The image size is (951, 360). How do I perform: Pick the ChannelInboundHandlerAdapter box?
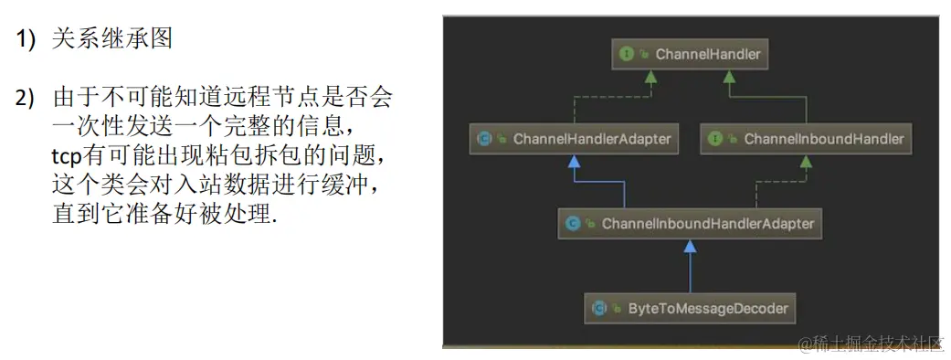pos(690,223)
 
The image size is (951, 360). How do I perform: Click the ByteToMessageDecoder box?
pos(690,308)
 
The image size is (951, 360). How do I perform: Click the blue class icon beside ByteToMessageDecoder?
pos(599,308)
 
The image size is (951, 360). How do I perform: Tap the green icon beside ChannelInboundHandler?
pos(716,139)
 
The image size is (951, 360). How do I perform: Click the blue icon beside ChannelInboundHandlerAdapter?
pos(573,223)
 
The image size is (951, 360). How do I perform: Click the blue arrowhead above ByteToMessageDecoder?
pos(690,246)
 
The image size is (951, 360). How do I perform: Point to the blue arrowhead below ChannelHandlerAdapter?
pos(574,162)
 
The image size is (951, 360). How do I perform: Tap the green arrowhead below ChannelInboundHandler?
pos(807,162)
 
